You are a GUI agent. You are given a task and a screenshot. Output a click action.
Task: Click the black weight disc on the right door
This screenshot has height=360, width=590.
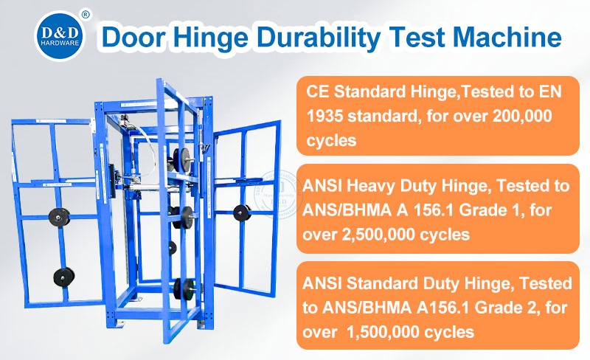tap(240, 212)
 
